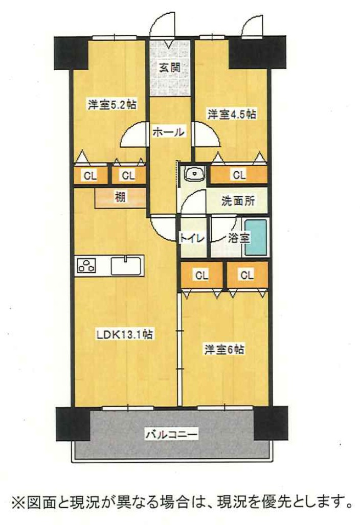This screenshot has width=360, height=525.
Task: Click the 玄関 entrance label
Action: pyautogui.click(x=168, y=67)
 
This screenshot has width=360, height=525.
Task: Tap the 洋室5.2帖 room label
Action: pyautogui.click(x=111, y=105)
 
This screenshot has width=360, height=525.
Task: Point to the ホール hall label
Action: pyautogui.click(x=168, y=132)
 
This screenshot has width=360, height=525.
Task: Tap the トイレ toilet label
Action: pyautogui.click(x=192, y=238)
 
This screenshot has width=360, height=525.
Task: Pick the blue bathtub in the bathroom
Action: pyautogui.click(x=256, y=237)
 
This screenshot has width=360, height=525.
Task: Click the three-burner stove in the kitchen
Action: pyautogui.click(x=86, y=266)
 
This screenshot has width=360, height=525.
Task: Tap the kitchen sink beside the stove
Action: pyautogui.click(x=127, y=266)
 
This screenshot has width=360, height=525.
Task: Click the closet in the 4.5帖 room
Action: pyautogui.click(x=238, y=175)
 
